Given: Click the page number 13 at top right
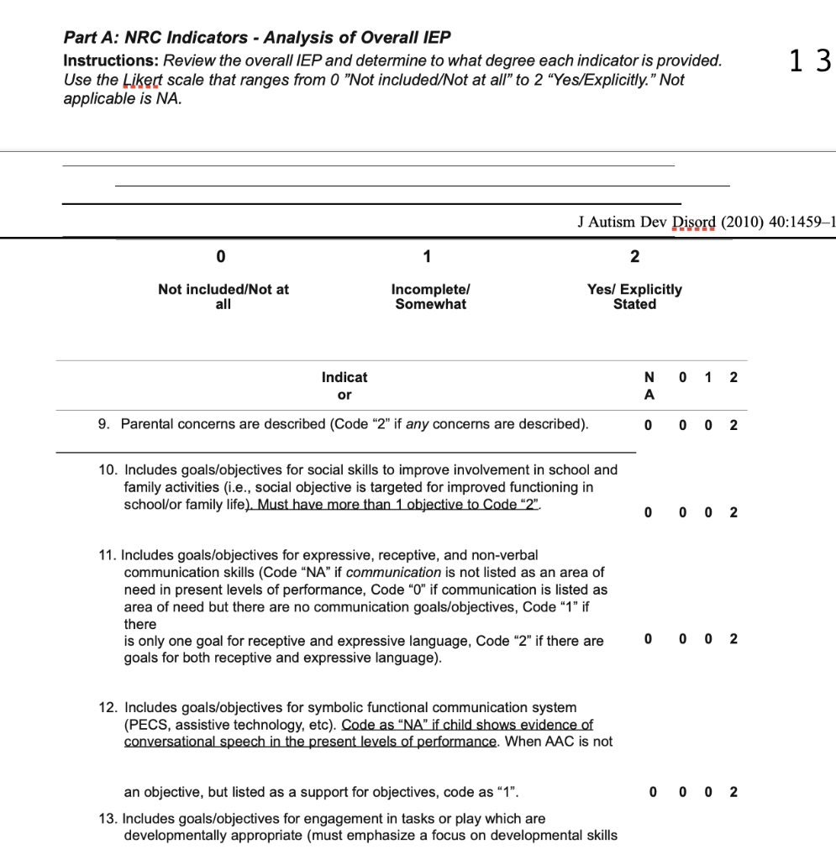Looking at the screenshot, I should tap(810, 61).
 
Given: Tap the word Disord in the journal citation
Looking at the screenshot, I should tap(692, 223).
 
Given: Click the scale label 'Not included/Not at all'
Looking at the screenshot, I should tap(223, 296).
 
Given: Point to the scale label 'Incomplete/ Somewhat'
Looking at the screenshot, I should tap(430, 296).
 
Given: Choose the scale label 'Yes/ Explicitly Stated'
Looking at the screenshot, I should tap(634, 296).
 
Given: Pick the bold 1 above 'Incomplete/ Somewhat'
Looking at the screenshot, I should tap(427, 256).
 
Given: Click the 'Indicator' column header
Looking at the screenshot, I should tap(344, 385).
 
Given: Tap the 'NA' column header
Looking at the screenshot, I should tap(649, 385).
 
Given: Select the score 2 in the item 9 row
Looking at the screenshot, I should tap(733, 425).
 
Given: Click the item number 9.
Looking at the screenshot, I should tap(103, 424).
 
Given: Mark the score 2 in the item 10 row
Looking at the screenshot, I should tap(733, 512).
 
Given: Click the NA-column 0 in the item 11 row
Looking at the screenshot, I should tap(649, 640).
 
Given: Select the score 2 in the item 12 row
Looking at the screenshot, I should tap(733, 792).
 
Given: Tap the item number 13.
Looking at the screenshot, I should tap(108, 819).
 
